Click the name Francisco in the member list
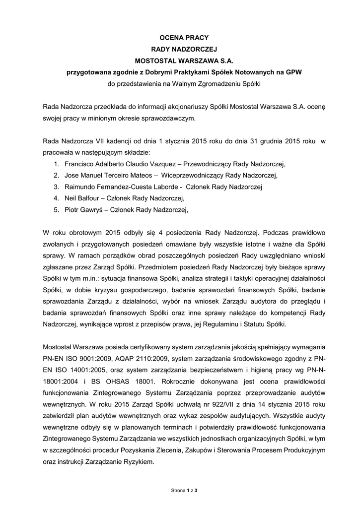80,164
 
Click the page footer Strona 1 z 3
184,490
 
